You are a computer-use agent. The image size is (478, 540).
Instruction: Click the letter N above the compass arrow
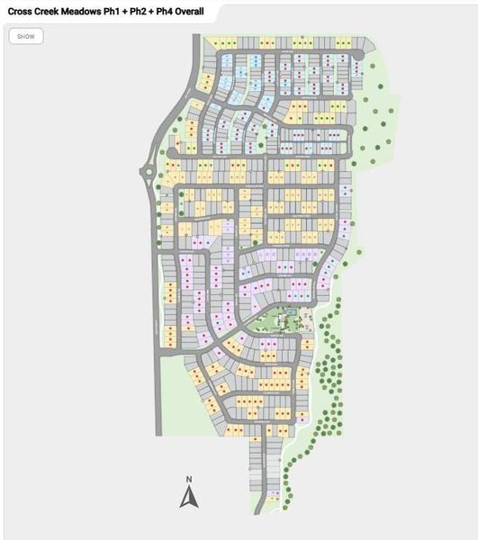(x=188, y=479)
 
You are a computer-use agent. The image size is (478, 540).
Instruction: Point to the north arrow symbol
(x=188, y=497)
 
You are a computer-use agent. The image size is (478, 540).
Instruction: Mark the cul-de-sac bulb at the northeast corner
(x=357, y=56)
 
